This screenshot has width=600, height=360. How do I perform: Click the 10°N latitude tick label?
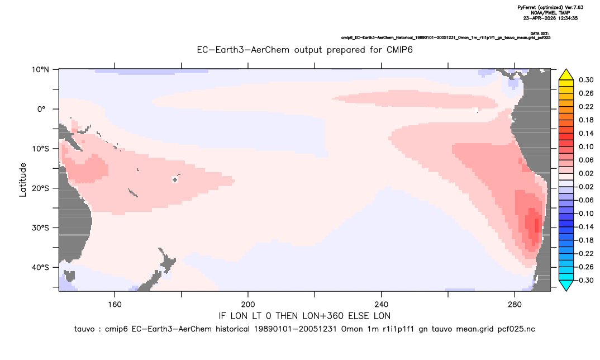click(x=40, y=70)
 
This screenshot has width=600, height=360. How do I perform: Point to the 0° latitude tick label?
click(x=42, y=109)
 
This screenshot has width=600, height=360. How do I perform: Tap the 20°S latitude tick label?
click(x=40, y=188)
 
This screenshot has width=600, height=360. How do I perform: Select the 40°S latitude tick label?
click(x=40, y=267)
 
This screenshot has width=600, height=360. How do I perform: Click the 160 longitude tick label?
click(x=115, y=305)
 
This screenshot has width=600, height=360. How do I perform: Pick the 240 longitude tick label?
click(x=382, y=305)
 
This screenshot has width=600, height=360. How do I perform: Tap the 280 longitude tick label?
click(x=515, y=305)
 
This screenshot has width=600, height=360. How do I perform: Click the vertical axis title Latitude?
click(x=23, y=180)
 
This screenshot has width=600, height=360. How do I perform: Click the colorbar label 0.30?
click(x=586, y=80)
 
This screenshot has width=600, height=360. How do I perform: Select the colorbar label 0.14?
click(x=586, y=133)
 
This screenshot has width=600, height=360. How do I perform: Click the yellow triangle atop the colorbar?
click(x=566, y=75)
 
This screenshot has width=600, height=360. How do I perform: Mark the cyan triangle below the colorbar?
click(x=566, y=285)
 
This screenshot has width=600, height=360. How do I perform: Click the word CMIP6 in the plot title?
click(x=400, y=50)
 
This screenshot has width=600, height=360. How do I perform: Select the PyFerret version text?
click(x=550, y=7)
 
